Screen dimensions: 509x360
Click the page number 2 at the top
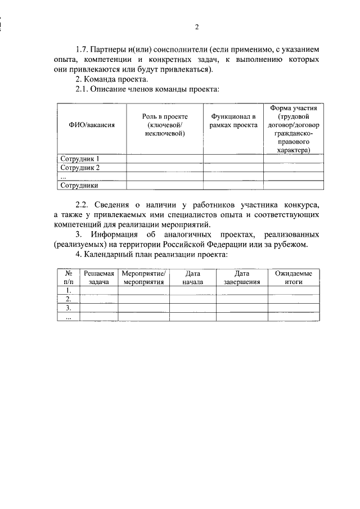coord(197,26)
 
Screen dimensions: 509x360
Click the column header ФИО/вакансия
coord(92,125)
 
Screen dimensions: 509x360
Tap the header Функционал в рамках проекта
coord(233,120)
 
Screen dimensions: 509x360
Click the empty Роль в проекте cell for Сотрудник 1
coord(165,159)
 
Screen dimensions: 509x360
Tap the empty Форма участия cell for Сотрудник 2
coord(294,168)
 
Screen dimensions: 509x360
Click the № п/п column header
coord(69,277)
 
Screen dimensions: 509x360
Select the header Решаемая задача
coord(99,277)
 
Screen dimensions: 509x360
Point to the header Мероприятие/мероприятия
coord(143,277)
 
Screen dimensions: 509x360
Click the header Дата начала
coord(192,277)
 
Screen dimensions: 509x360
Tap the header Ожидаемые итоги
coord(294,277)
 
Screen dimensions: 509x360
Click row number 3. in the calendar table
coord(69,308)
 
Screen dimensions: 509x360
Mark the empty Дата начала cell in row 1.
coord(192,290)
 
